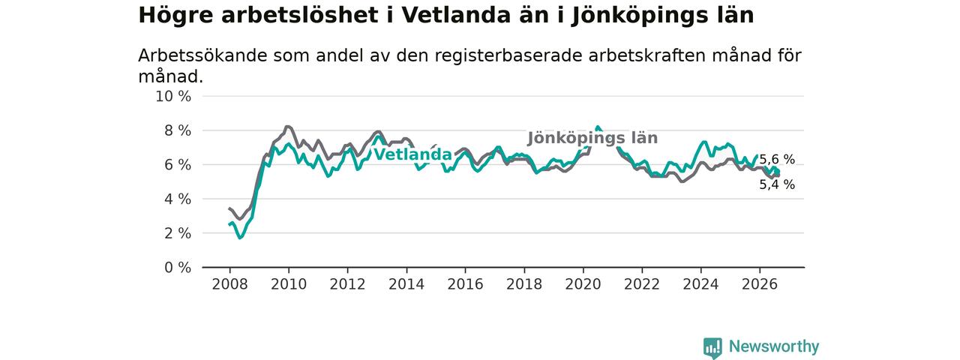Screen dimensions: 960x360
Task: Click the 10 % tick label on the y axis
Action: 173,97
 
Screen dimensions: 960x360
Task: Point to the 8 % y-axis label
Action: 178,130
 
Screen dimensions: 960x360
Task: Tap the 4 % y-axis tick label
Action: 178,199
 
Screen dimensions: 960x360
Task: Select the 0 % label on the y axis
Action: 178,268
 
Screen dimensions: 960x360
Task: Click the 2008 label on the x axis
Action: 229,284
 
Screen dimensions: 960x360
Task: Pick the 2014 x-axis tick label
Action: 406,284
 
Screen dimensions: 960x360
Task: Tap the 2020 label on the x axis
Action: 583,284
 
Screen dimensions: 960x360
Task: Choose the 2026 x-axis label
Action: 760,284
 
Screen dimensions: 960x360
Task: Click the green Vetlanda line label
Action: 413,154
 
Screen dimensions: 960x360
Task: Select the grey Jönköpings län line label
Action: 592,138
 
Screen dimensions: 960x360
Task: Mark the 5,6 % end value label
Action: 777,160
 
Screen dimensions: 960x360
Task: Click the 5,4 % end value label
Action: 777,184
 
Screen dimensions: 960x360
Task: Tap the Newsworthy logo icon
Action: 712,347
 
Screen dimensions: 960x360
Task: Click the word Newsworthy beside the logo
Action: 774,346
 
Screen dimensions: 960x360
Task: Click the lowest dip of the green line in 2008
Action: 239,238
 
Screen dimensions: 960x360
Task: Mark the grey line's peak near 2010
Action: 287,127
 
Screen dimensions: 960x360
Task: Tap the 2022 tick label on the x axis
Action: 641,284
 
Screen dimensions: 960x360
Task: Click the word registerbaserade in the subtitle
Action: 508,55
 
